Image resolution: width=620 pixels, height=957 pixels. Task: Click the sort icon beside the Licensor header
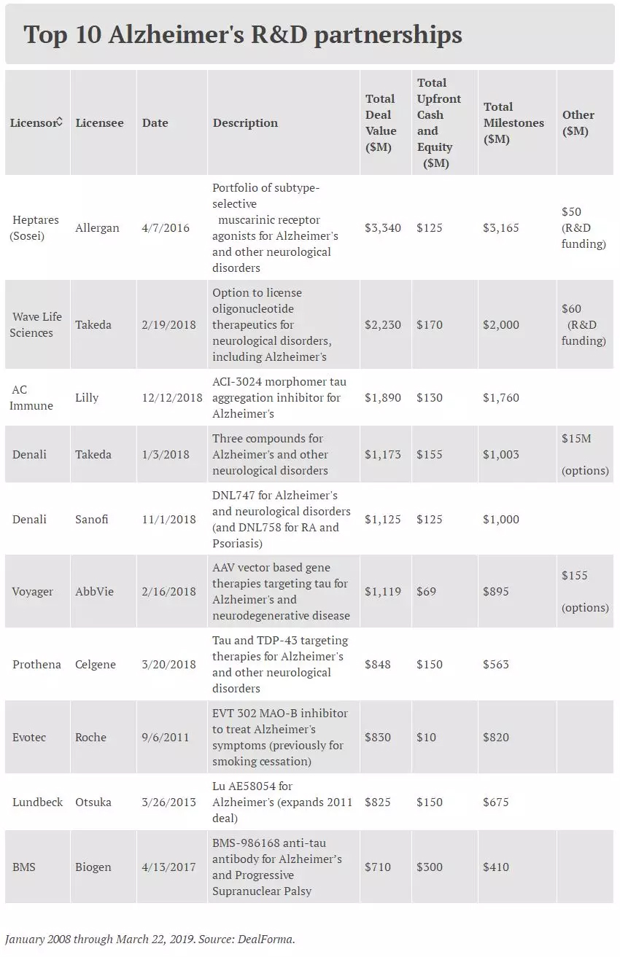(60, 122)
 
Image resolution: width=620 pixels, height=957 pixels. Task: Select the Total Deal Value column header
(380, 122)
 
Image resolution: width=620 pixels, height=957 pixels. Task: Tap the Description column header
(245, 122)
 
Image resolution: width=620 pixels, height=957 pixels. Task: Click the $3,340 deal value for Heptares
(382, 227)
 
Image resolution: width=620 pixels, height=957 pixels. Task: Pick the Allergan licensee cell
(97, 227)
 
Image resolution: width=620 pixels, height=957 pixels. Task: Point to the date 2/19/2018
(168, 324)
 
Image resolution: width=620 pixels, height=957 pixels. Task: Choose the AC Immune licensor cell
(31, 397)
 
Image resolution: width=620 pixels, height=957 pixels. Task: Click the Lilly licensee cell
(87, 397)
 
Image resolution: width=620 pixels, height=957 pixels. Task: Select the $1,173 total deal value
(382, 454)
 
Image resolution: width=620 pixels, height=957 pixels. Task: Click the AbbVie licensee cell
(95, 591)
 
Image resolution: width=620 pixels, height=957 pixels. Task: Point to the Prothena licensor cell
(36, 664)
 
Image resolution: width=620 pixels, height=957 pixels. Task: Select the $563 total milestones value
(496, 664)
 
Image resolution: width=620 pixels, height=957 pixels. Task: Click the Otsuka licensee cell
(93, 802)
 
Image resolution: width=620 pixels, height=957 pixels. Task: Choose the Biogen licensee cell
(93, 867)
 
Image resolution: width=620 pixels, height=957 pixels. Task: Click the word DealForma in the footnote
(266, 939)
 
